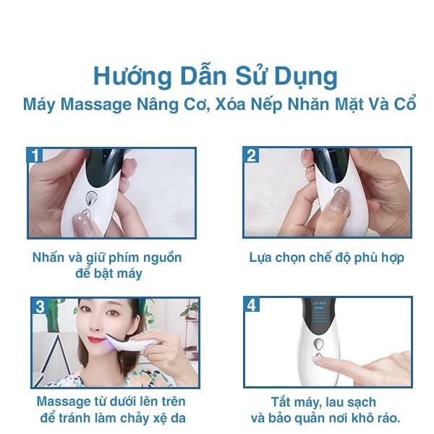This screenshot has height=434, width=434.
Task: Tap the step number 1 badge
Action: tap(35, 155)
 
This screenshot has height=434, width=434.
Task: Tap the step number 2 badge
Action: tap(251, 155)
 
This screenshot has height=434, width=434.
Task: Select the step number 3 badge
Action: tap(40, 306)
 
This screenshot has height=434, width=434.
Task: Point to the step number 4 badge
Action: tap(252, 305)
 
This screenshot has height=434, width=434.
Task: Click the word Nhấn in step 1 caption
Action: tap(48, 257)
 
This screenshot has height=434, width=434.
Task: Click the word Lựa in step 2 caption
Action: tap(259, 258)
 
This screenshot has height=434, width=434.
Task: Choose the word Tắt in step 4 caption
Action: tap(281, 402)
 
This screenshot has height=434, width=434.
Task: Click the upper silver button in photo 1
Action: tap(91, 197)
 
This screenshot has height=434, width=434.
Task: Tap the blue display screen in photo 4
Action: tap(320, 312)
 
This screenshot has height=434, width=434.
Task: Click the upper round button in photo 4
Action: tap(318, 344)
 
